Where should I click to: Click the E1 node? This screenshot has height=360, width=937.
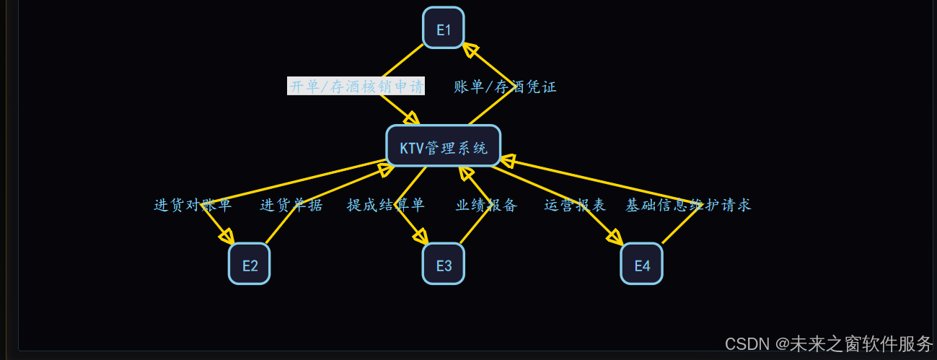click(443, 28)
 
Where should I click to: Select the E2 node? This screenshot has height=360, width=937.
click(250, 264)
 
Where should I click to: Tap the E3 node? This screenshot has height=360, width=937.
click(443, 264)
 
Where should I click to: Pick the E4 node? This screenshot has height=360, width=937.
click(641, 264)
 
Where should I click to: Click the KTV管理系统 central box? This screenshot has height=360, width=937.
click(443, 146)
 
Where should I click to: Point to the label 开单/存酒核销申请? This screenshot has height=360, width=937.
click(356, 87)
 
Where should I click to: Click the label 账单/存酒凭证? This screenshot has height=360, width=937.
click(505, 87)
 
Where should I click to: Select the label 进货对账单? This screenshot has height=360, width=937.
click(193, 205)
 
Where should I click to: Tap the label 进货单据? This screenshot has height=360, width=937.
click(291, 205)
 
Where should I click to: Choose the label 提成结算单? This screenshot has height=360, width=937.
click(386, 205)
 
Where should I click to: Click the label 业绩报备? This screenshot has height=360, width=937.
click(487, 205)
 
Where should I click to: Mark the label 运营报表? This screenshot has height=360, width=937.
click(575, 205)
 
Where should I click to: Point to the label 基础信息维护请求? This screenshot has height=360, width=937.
click(688, 205)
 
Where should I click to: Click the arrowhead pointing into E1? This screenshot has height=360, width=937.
click(470, 49)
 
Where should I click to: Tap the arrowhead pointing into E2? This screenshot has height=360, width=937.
click(226, 236)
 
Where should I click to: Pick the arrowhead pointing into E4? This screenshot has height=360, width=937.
click(615, 237)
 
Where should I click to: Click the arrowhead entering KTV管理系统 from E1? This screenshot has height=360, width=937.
click(412, 118)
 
